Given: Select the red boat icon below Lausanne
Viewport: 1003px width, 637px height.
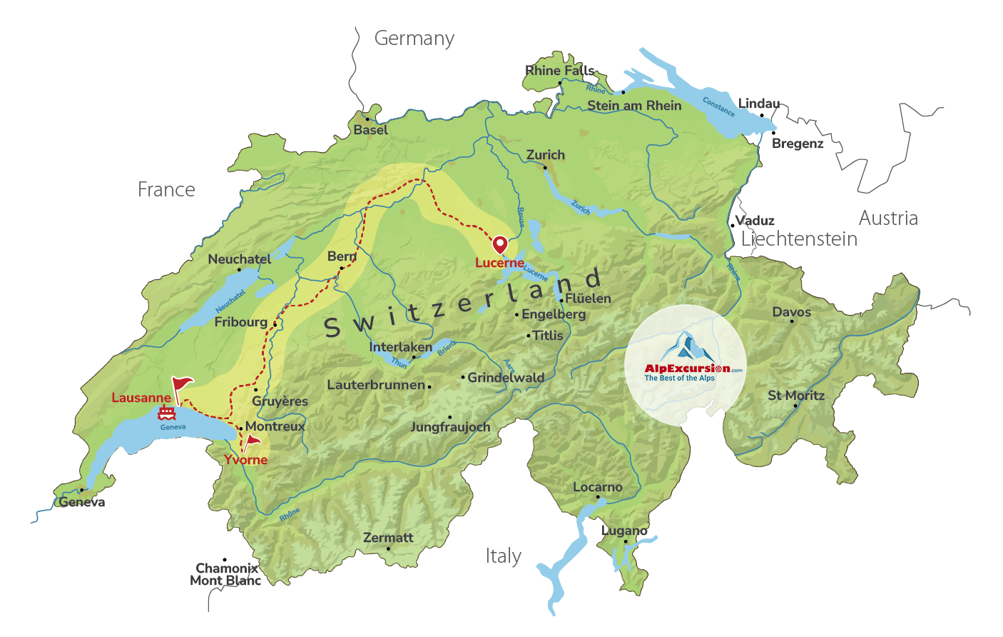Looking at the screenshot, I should (x=167, y=413).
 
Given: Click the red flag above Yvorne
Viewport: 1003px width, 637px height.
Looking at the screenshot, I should (x=251, y=441).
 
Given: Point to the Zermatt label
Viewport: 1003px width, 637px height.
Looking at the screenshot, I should (x=388, y=538).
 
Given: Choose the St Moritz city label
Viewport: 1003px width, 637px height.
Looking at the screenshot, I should (x=795, y=396).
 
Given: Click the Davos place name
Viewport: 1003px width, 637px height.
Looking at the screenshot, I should (x=791, y=312).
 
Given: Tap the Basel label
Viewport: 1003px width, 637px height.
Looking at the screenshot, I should (x=370, y=130).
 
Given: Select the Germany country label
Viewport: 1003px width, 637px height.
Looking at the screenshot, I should (x=414, y=39).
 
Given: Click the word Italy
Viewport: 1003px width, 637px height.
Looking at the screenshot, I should (x=503, y=556).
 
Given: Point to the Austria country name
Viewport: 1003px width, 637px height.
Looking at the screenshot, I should (x=887, y=219).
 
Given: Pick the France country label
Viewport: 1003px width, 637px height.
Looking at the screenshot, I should (x=166, y=190).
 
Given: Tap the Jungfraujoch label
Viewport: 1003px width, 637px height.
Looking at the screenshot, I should (x=450, y=427).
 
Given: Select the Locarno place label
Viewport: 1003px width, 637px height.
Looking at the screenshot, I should (x=597, y=487).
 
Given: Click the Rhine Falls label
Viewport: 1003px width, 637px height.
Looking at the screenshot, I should (x=559, y=71).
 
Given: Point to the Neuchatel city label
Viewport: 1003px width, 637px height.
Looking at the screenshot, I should (x=239, y=259).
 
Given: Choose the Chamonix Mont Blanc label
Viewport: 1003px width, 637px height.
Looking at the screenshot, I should (x=225, y=575).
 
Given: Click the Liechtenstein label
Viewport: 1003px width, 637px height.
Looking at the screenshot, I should (x=799, y=239).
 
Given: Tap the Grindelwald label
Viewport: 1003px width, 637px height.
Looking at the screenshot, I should (x=505, y=378).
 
